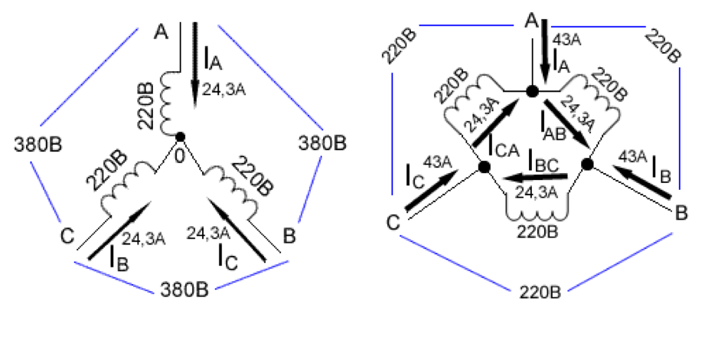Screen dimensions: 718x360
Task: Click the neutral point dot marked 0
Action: point(181,136)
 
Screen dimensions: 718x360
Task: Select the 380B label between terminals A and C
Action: point(38,145)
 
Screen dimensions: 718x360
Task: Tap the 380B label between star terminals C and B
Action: point(184,290)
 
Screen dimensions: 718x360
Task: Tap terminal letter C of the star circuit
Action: point(67,237)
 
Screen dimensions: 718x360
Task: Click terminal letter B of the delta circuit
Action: point(681,213)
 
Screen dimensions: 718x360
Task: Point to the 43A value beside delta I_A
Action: point(567,40)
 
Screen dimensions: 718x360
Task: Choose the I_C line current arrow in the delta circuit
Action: point(432,191)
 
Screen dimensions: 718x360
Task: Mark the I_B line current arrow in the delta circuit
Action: point(642,182)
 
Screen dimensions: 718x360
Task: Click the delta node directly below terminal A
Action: point(532,91)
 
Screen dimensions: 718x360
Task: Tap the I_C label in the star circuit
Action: point(227,257)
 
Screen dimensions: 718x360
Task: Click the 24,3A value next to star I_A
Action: point(224,90)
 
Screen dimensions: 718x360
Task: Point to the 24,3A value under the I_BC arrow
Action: point(537,192)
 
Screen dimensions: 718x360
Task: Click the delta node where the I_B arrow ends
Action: point(588,164)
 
